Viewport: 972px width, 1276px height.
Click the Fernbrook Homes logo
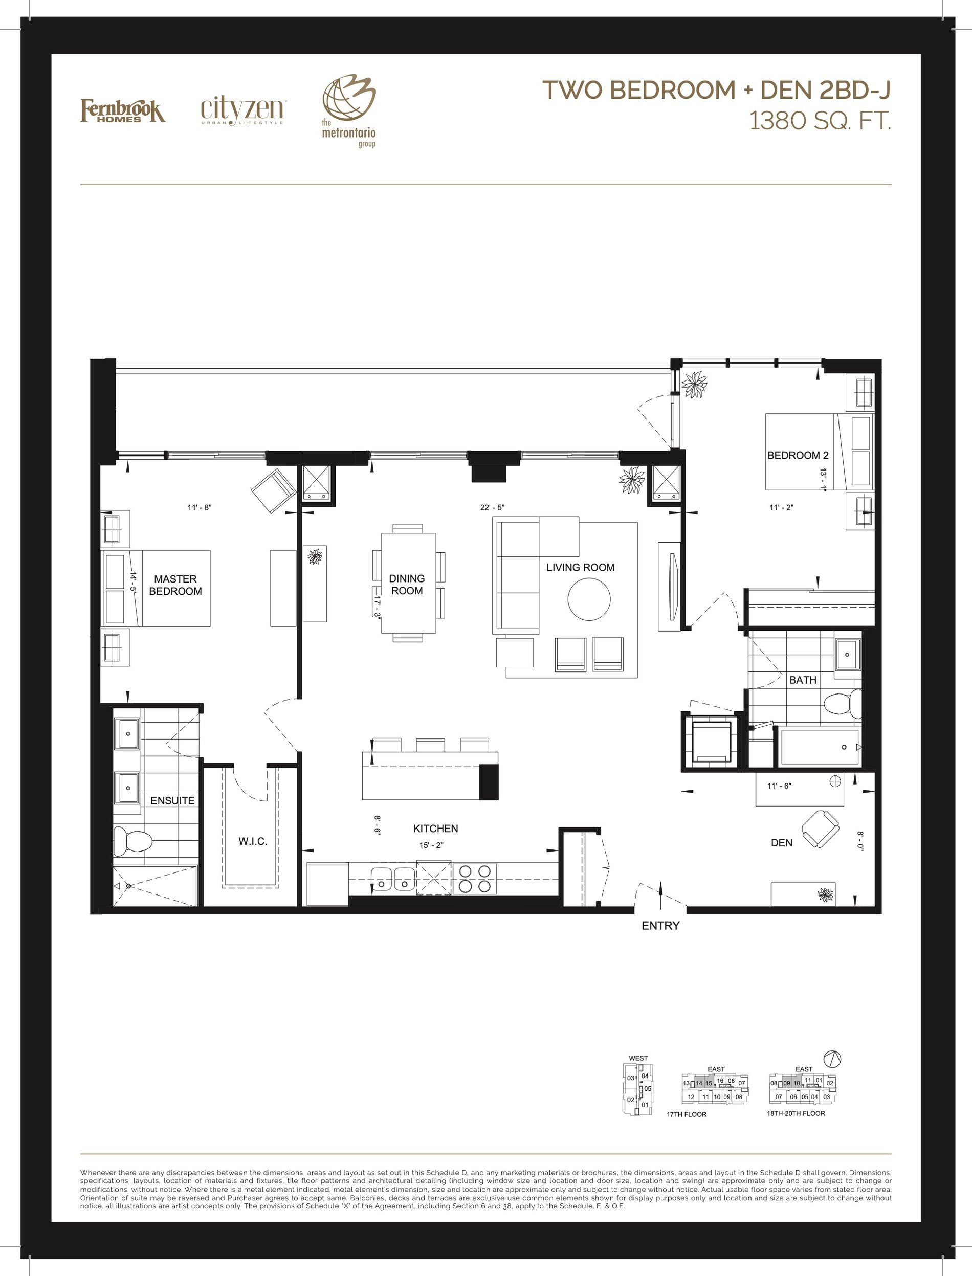123,110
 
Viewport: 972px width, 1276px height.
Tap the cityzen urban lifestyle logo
242,110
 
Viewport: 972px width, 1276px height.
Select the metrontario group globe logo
349,110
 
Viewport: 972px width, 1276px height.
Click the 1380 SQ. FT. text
820,121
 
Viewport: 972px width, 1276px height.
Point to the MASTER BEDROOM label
175,585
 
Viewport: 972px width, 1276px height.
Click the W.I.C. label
253,841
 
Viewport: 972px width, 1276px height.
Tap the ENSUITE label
172,800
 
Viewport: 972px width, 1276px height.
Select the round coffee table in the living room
589,599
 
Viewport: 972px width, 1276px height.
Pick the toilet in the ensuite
132,840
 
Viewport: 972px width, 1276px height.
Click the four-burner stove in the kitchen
474,879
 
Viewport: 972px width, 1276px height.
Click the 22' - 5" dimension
492,507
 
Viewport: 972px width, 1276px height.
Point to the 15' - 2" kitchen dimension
432,845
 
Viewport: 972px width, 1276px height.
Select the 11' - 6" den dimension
779,786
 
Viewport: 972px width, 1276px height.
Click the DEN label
782,843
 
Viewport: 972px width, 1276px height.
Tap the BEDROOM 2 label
798,455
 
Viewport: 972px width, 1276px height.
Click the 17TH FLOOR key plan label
687,1114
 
